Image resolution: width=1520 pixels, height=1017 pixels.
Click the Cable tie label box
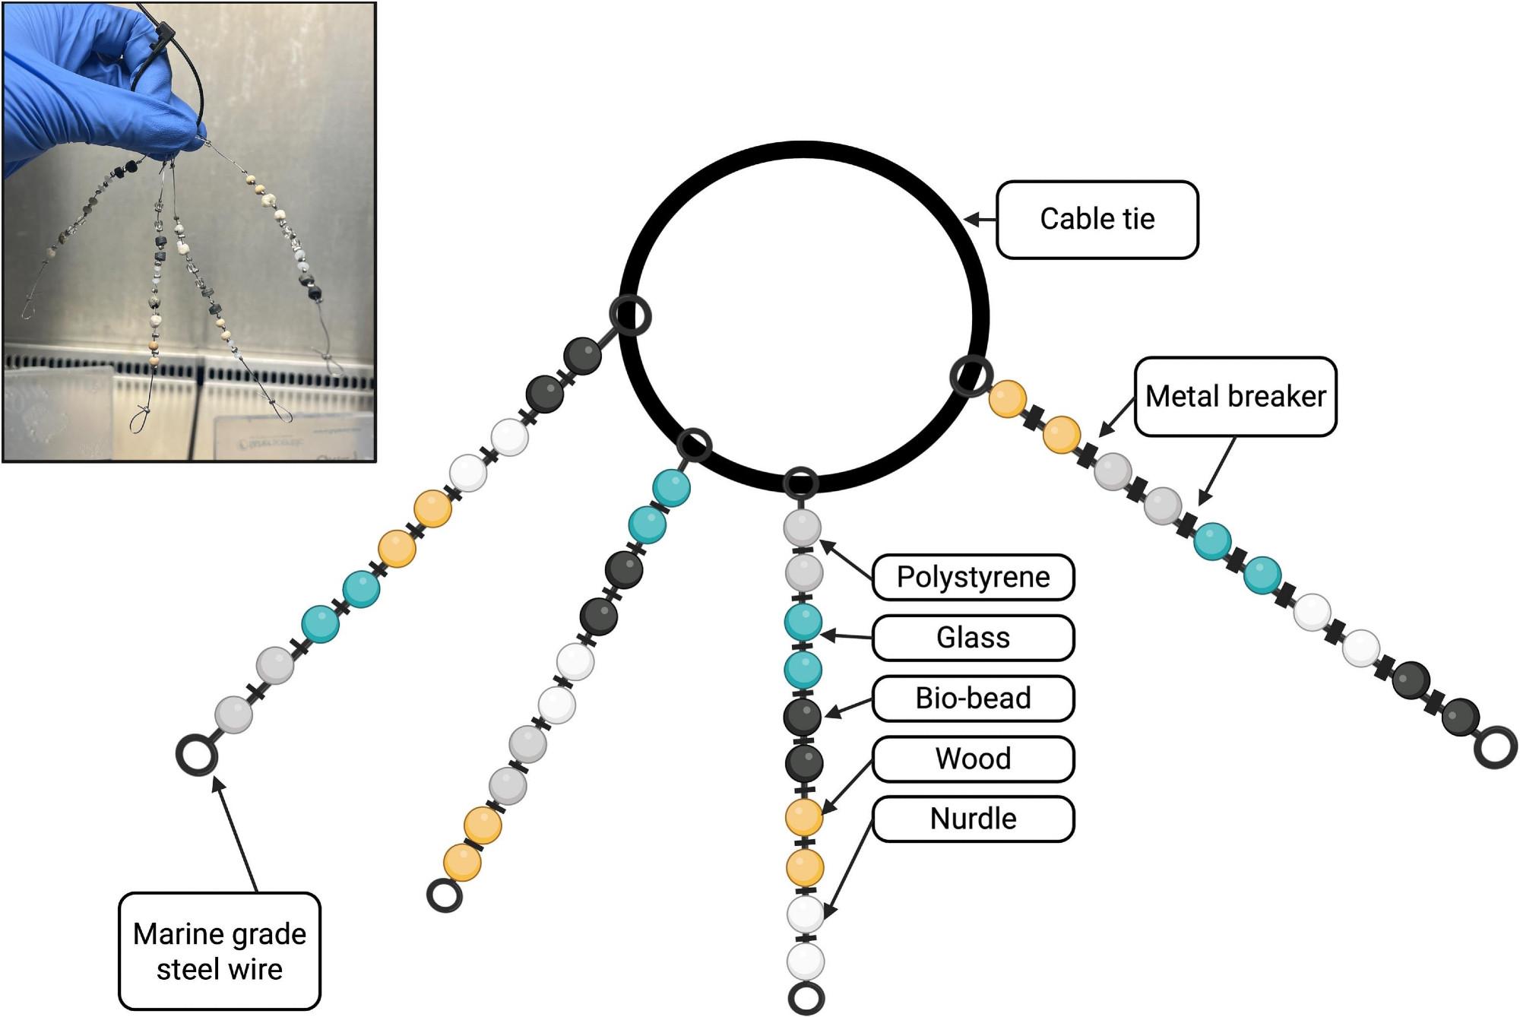pyautogui.click(x=1097, y=220)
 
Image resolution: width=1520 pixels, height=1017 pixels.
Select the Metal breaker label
pyautogui.click(x=1235, y=396)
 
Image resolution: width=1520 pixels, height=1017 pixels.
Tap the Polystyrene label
pyautogui.click(x=973, y=577)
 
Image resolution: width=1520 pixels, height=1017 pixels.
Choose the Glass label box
pyautogui.click(x=973, y=638)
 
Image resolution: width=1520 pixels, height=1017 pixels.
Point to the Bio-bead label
pyautogui.click(x=973, y=698)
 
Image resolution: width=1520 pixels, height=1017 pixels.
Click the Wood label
pyautogui.click(x=973, y=759)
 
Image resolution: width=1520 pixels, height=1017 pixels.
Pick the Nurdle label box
pyautogui.click(x=973, y=819)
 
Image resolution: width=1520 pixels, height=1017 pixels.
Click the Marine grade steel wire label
pyautogui.click(x=219, y=951)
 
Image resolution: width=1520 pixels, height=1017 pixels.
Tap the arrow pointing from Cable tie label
pyautogui.click(x=980, y=220)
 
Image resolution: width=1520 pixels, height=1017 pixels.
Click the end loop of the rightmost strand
pyautogui.click(x=1495, y=746)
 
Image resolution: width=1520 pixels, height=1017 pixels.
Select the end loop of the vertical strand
pyautogui.click(x=806, y=998)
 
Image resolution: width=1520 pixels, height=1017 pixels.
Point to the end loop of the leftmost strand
pyautogui.click(x=197, y=754)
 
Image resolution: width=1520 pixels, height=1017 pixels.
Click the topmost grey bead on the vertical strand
pyautogui.click(x=803, y=527)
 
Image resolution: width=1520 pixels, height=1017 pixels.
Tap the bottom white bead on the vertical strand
pyautogui.click(x=806, y=962)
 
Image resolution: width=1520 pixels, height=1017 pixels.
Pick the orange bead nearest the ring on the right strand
pyautogui.click(x=1007, y=399)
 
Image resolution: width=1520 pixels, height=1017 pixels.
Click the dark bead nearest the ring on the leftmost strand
pyautogui.click(x=583, y=356)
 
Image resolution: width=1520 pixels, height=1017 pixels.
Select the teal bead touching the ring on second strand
pyautogui.click(x=671, y=488)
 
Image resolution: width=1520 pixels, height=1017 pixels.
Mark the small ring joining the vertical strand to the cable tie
pyautogui.click(x=801, y=483)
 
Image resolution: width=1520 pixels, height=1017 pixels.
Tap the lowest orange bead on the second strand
pyautogui.click(x=462, y=863)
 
